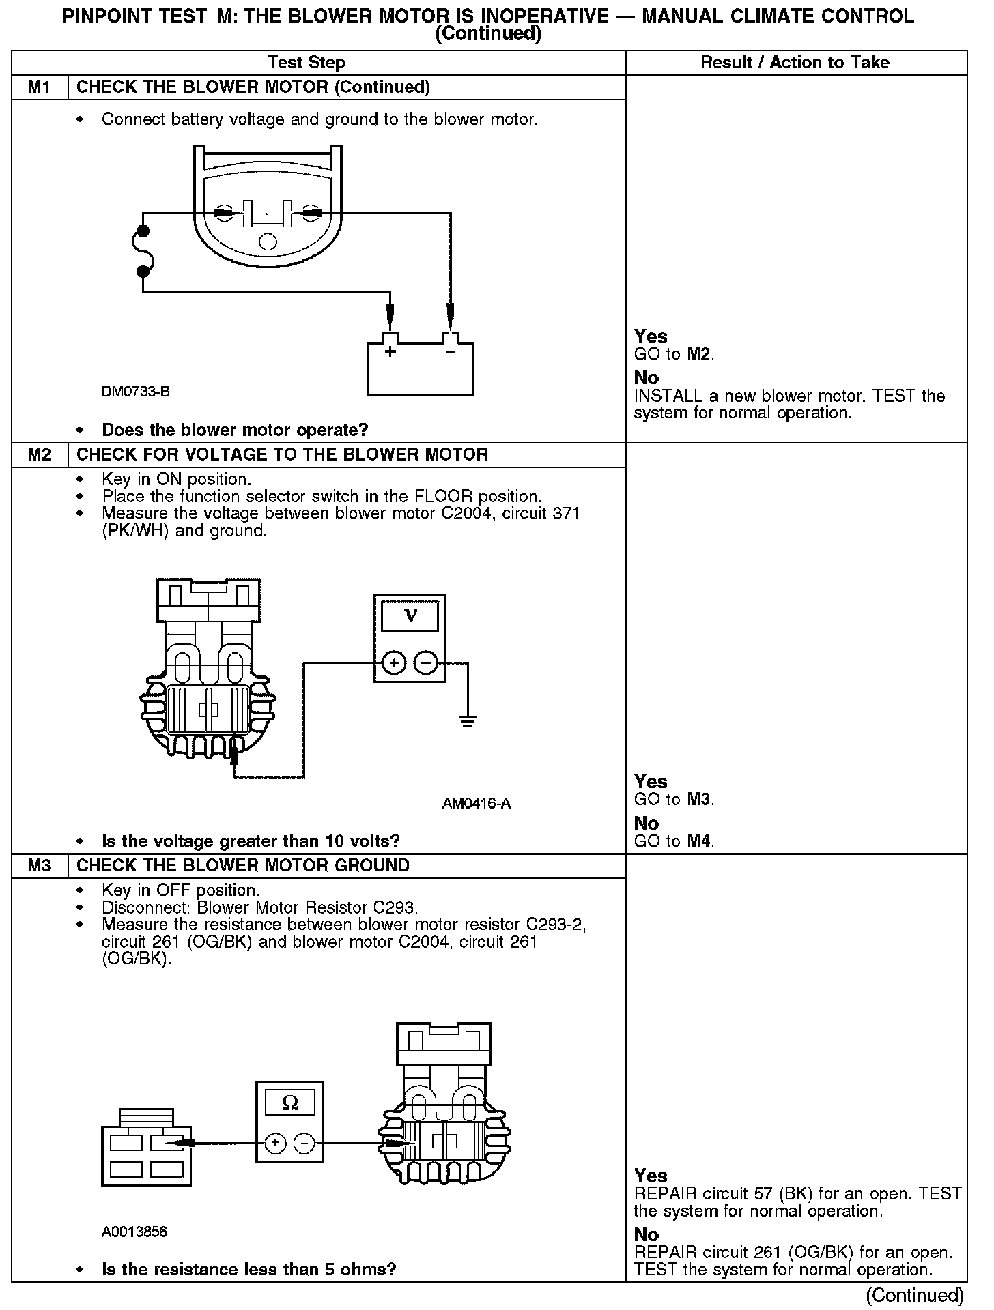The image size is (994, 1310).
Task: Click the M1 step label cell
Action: click(x=40, y=87)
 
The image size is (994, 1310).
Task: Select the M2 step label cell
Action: click(x=40, y=455)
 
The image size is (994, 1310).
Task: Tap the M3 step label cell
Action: click(x=40, y=866)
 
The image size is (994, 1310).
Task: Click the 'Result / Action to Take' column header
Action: click(x=795, y=63)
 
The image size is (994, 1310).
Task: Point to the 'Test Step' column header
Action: click(x=307, y=63)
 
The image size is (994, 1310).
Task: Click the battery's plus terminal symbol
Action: click(x=390, y=352)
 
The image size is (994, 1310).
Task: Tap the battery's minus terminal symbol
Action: click(x=451, y=352)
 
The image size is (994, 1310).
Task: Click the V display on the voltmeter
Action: click(x=410, y=616)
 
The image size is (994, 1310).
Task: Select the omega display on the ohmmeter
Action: click(x=289, y=1103)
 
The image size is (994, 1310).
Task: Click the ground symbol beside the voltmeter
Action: click(x=468, y=720)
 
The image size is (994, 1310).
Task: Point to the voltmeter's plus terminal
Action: click(x=394, y=663)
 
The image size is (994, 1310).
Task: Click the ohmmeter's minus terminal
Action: click(x=304, y=1143)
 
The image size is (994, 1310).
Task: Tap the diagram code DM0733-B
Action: click(x=135, y=392)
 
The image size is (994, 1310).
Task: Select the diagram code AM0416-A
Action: click(x=476, y=804)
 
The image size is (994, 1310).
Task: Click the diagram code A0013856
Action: click(x=134, y=1232)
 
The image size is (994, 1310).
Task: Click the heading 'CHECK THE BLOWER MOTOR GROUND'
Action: click(x=243, y=866)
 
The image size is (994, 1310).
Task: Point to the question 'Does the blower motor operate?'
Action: click(x=235, y=431)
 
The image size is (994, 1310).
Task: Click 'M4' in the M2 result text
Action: click(x=699, y=841)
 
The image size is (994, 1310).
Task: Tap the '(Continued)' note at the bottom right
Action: click(x=914, y=1295)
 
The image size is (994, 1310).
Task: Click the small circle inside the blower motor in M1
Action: click(x=268, y=242)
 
